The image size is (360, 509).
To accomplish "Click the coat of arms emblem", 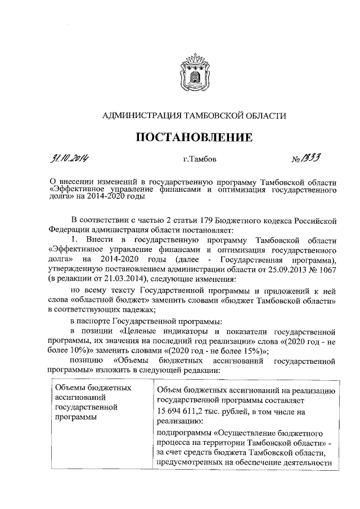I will (x=193, y=74).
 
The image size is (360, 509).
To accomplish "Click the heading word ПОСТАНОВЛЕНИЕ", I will (x=193, y=137).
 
